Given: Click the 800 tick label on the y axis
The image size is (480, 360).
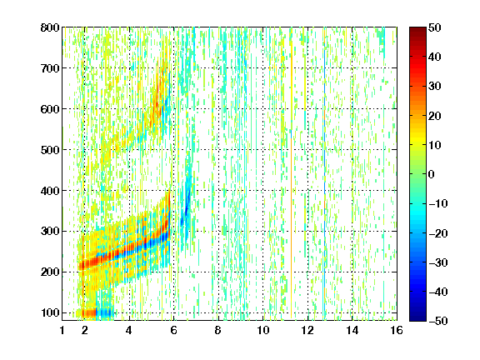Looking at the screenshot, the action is click(50, 27).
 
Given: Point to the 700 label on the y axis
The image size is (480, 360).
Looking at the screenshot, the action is click(50, 68).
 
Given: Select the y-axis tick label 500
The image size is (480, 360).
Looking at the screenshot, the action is click(50, 150).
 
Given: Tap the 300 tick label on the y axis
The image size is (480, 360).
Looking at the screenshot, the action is click(50, 232).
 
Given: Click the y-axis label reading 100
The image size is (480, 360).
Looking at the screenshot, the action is click(50, 312).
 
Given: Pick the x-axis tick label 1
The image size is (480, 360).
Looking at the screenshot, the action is click(62, 330).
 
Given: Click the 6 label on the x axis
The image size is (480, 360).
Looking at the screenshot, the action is click(174, 330).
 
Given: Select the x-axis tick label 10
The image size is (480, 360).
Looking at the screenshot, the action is click(263, 330).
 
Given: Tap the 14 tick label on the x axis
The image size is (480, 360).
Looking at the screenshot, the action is click(352, 330).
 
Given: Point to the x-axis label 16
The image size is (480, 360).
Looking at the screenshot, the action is click(397, 330).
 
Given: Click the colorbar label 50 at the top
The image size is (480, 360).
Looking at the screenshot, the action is click(435, 27).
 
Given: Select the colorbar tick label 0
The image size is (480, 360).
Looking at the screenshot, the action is click(432, 174).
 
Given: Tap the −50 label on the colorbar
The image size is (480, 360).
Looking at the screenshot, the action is click(438, 321).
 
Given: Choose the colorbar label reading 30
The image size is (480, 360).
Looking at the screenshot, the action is click(435, 87).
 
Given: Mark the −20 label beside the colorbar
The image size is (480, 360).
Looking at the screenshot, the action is click(438, 233).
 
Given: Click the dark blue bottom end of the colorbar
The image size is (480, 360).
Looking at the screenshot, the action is click(417, 318).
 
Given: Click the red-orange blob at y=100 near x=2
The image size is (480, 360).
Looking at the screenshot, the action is click(89, 312).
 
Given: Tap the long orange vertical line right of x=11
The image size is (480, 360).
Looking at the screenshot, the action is click(292, 183).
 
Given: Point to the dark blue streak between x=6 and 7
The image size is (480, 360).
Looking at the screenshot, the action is click(187, 205).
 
